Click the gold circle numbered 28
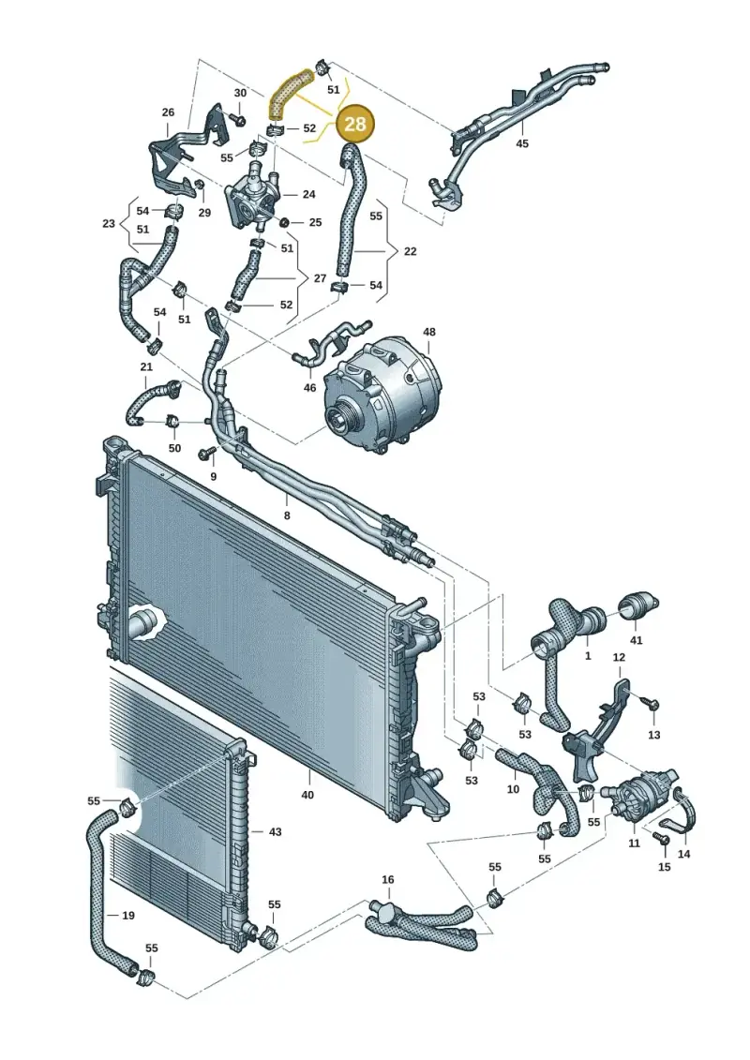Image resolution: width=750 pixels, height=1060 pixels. pos(355,124)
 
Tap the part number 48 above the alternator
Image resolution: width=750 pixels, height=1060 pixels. pos(429,332)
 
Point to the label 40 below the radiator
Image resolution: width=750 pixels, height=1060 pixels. pos(307,795)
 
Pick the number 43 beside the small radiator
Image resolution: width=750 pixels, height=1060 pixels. pos(276,831)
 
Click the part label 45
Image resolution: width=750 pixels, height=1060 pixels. pos(522,143)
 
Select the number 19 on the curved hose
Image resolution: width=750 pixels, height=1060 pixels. pos(128,916)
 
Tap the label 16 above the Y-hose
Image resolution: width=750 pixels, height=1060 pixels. pos(387,879)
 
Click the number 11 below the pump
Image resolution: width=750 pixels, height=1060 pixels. pos(634,843)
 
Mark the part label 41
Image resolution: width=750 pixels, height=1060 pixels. pos(636,640)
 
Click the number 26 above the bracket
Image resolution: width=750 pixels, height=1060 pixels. pos(169,112)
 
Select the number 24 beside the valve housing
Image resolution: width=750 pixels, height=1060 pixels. pos(309,195)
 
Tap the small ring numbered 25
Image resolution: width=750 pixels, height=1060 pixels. pos(285,222)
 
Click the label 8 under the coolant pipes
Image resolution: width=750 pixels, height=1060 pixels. pos(287,515)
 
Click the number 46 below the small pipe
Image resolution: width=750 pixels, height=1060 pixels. pos(309,387)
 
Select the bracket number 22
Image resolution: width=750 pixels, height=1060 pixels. pos(410,251)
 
